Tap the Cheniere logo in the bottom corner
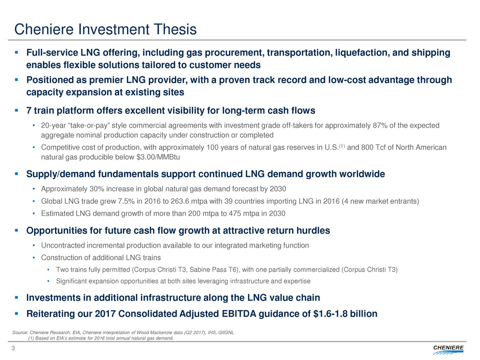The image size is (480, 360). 448,350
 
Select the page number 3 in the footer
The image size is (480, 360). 13,348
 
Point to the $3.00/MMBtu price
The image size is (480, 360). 158,157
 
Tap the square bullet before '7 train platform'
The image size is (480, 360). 16,110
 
